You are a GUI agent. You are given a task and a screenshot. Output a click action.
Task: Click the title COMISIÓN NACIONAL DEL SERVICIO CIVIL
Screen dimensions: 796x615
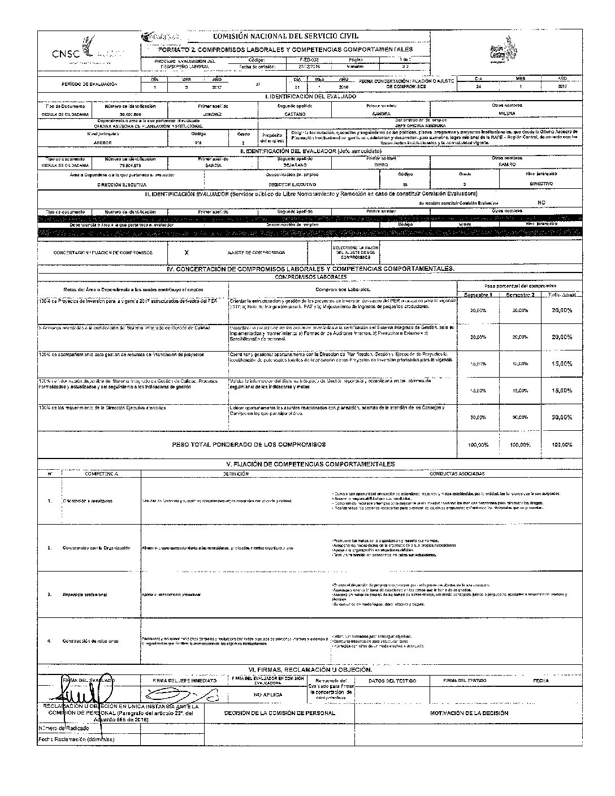[x=285, y=36]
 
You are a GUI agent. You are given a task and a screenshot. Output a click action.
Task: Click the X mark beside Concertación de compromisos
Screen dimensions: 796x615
[x=187, y=252]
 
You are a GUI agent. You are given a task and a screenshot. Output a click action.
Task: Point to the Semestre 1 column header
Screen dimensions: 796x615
[x=478, y=295]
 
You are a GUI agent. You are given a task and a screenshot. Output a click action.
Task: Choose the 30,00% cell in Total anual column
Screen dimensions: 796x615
[x=561, y=417]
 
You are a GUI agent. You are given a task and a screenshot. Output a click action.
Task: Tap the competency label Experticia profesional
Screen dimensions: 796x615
[x=85, y=595]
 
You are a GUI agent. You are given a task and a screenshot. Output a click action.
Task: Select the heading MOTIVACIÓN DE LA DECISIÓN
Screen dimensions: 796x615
[x=469, y=713]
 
